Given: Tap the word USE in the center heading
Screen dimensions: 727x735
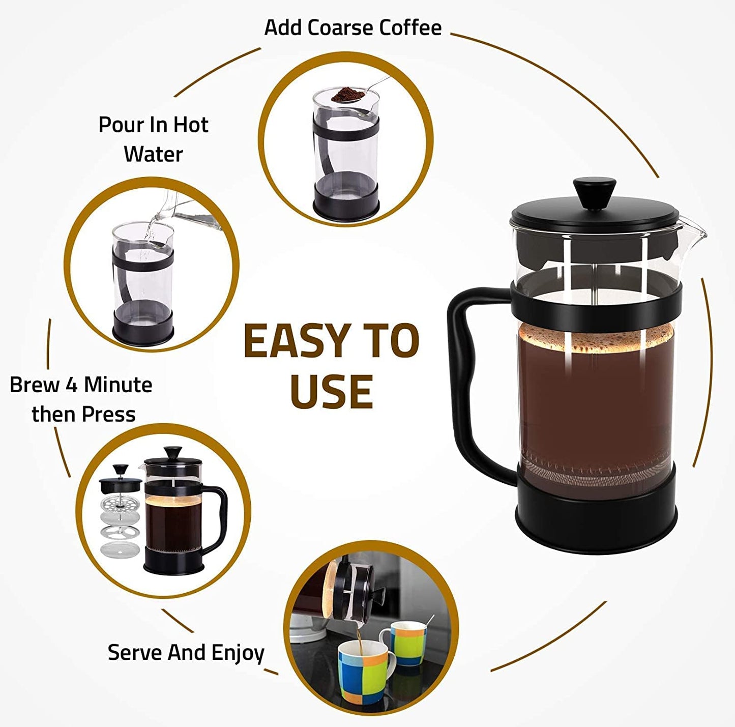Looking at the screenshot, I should pyautogui.click(x=332, y=392).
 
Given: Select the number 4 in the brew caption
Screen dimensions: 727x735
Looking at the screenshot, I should pyautogui.click(x=72, y=385).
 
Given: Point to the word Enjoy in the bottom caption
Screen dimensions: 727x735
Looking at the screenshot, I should pyautogui.click(x=238, y=653).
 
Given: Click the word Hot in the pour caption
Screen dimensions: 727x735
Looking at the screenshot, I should pyautogui.click(x=191, y=125).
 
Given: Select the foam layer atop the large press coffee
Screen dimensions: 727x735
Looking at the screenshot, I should pyautogui.click(x=595, y=337).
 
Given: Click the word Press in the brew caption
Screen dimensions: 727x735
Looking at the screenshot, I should pyautogui.click(x=110, y=415).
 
